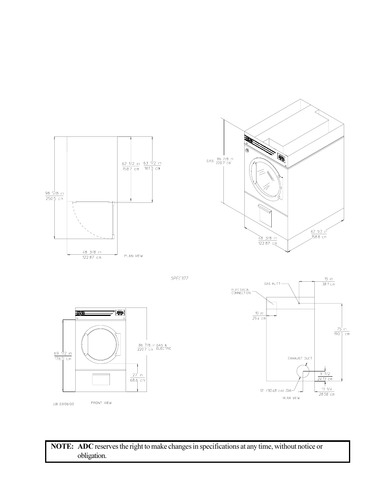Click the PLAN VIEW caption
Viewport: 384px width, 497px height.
pyautogui.click(x=133, y=256)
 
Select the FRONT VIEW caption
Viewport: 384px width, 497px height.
pyautogui.click(x=101, y=403)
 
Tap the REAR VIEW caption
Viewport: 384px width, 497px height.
pyautogui.click(x=291, y=398)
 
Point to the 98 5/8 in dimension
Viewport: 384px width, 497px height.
pyautogui.click(x=54, y=193)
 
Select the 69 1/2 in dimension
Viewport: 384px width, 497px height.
pyautogui.click(x=63, y=354)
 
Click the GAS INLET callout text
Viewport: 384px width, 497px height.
pyautogui.click(x=272, y=284)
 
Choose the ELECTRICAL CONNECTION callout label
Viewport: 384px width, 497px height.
pyautogui.click(x=241, y=291)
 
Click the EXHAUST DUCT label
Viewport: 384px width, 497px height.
pyautogui.click(x=299, y=358)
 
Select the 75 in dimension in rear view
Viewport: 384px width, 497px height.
pyautogui.click(x=341, y=329)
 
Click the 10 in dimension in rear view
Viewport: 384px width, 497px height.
pyautogui.click(x=259, y=313)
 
